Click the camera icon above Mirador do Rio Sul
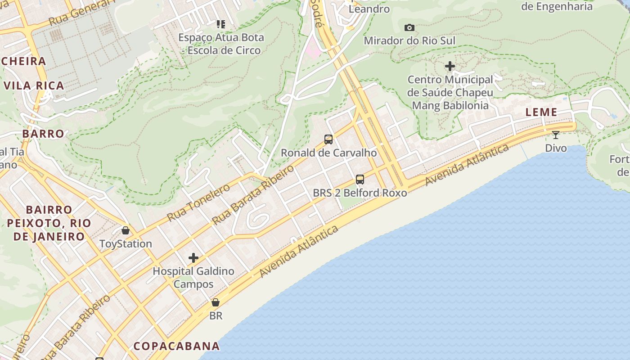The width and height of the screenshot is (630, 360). (x=409, y=28)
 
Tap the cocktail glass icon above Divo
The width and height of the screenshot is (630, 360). (x=556, y=135)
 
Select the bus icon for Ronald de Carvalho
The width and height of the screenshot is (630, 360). (x=328, y=139)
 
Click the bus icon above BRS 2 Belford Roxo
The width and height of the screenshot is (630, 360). (x=360, y=180)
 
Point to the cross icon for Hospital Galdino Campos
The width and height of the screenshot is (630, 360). (x=193, y=258)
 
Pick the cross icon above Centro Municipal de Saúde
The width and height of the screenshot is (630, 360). (x=450, y=67)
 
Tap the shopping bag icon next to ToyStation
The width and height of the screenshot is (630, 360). (x=126, y=230)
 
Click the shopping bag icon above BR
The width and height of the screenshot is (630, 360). (x=216, y=302)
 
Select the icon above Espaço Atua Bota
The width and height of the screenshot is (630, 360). (x=220, y=24)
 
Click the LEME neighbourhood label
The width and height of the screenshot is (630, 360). (x=541, y=112)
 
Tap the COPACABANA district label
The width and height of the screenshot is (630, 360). (x=176, y=346)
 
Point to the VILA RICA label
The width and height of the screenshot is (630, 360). (x=34, y=85)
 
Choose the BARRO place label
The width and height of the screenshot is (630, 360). (x=43, y=134)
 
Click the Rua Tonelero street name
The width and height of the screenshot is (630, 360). (x=198, y=203)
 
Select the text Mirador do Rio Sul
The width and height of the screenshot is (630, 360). (x=409, y=40)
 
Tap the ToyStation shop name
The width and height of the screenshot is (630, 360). (x=126, y=244)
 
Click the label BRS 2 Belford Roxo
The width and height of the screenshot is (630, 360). (x=360, y=193)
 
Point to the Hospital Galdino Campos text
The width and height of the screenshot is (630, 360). (x=193, y=278)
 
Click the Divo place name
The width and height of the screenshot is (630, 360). (x=556, y=148)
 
